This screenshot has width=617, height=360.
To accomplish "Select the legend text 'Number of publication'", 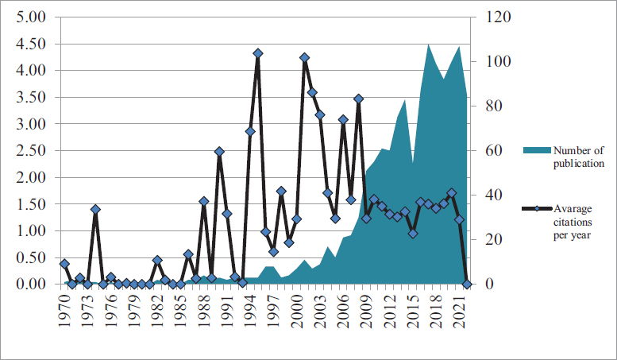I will coord(579,157).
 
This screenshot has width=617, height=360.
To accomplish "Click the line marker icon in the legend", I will coord(536,209).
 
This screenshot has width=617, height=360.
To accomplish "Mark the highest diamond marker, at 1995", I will coord(258,53).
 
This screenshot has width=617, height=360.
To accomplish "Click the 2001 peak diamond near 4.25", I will coord(304,57).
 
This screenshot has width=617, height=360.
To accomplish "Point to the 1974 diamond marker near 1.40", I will coord(95,209).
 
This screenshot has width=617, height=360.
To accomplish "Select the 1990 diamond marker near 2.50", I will coord(219,151).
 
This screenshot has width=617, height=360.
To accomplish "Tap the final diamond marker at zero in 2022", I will coord(467,284).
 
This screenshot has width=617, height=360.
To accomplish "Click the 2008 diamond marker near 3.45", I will coord(358,99).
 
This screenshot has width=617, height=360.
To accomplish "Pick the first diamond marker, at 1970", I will coord(64,264).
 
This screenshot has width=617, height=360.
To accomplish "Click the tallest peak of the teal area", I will coord(429,45).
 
